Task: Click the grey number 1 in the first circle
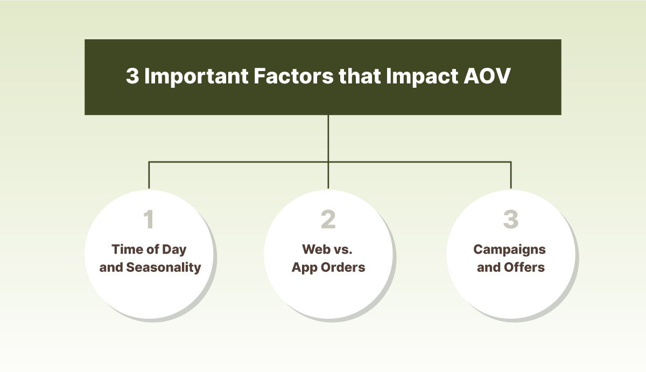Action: (x=149, y=220)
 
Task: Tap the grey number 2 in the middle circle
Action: (x=328, y=220)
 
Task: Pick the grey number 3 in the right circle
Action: (x=510, y=220)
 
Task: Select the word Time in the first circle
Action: (x=124, y=249)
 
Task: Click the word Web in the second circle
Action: (x=315, y=249)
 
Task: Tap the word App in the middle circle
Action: (x=303, y=267)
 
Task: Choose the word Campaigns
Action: (x=509, y=249)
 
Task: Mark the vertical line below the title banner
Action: (x=328, y=137)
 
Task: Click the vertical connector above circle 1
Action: (x=149, y=174)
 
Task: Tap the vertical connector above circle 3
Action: (x=510, y=174)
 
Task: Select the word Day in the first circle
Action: (x=173, y=249)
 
